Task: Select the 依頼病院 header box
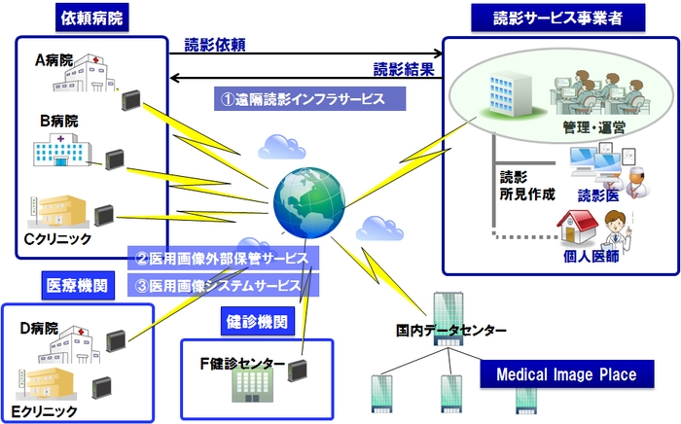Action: [x=93, y=18]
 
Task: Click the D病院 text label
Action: [x=39, y=328]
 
